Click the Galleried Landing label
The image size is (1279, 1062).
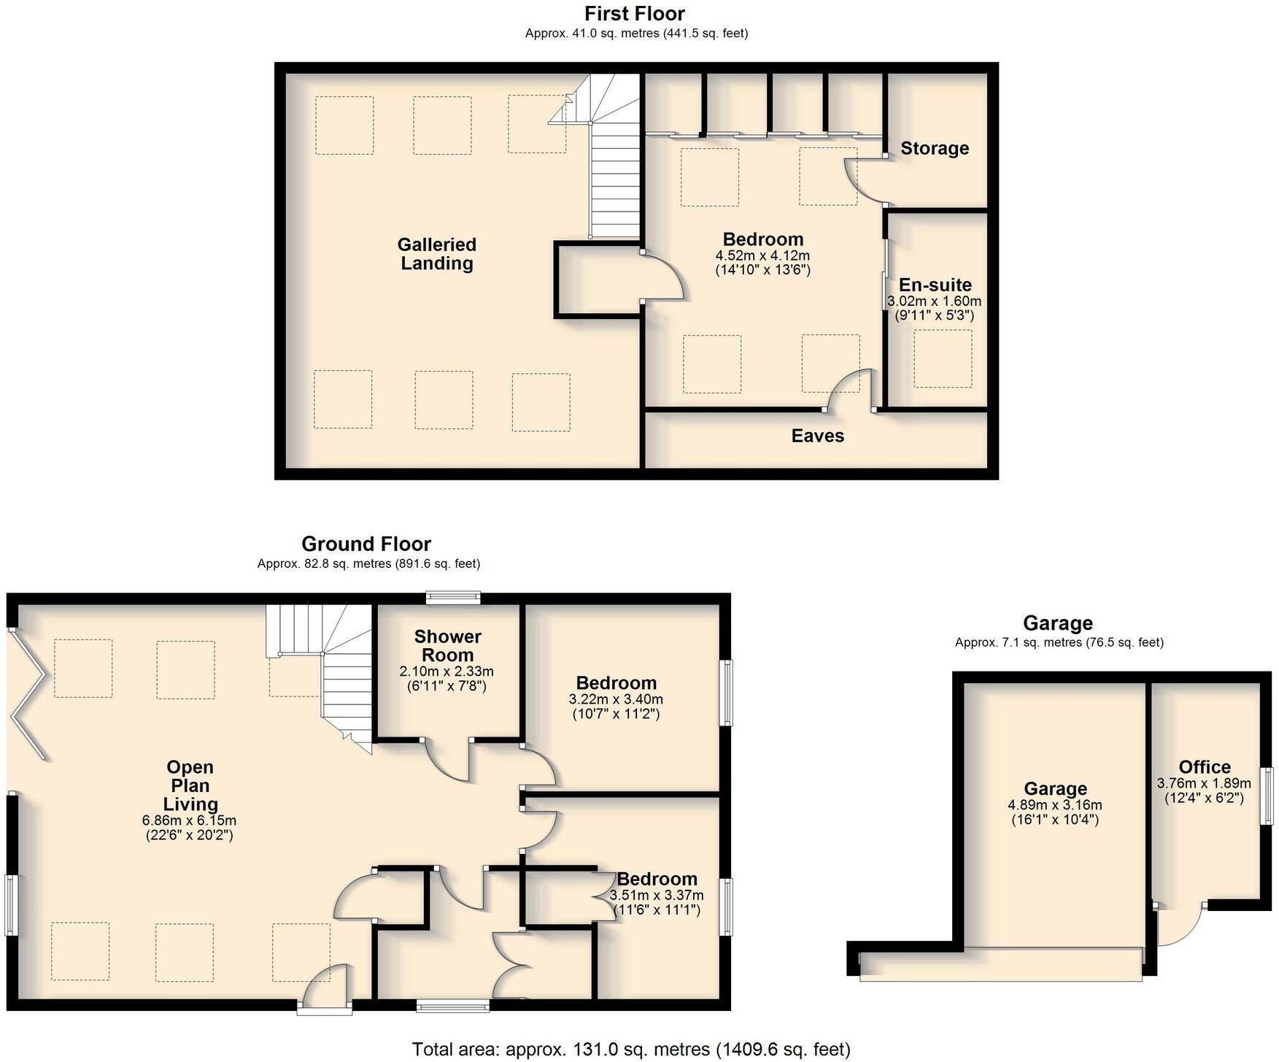(x=436, y=254)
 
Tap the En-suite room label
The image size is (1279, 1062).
(x=935, y=285)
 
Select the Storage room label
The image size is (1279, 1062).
(x=934, y=148)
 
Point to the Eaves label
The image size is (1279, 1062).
(x=817, y=436)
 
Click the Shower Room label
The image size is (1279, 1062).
(x=447, y=645)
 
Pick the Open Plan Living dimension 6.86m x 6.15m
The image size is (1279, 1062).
(x=189, y=820)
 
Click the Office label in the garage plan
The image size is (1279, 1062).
(x=1204, y=767)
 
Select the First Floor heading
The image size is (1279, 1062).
(x=634, y=14)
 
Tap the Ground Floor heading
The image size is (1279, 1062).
(x=366, y=544)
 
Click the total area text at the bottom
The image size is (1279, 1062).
(x=631, y=1050)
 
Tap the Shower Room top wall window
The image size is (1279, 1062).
(x=454, y=597)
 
